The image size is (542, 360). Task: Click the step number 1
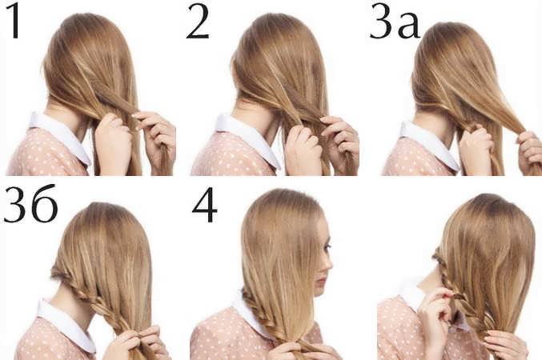(14, 22)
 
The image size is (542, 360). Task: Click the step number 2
(198, 22)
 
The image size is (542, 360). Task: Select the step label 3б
(30, 204)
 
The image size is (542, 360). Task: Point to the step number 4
(205, 205)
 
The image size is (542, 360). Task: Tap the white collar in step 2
(248, 140)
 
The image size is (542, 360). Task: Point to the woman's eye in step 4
(327, 246)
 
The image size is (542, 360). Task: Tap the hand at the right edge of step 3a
(529, 152)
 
